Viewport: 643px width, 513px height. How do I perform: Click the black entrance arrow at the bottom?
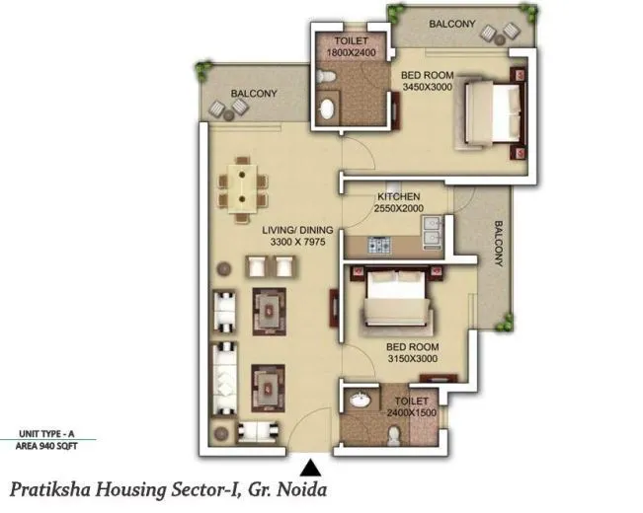310,469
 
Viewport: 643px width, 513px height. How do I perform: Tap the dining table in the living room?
242,185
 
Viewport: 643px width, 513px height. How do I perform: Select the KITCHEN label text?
398,197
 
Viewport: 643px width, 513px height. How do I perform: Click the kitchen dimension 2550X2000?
398,209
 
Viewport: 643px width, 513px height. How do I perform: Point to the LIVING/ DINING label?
296,232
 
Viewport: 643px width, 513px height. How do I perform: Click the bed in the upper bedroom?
488,113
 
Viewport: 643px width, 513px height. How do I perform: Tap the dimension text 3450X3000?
427,87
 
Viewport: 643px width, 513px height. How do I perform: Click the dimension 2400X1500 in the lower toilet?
412,414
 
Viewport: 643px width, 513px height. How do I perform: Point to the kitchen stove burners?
380,245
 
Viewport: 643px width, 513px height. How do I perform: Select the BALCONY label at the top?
452,24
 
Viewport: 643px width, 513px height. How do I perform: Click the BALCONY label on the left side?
253,94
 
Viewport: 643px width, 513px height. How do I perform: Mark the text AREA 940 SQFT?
46,446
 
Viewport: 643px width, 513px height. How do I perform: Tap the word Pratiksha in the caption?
50,488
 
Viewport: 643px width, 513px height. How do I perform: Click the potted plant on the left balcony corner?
204,70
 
